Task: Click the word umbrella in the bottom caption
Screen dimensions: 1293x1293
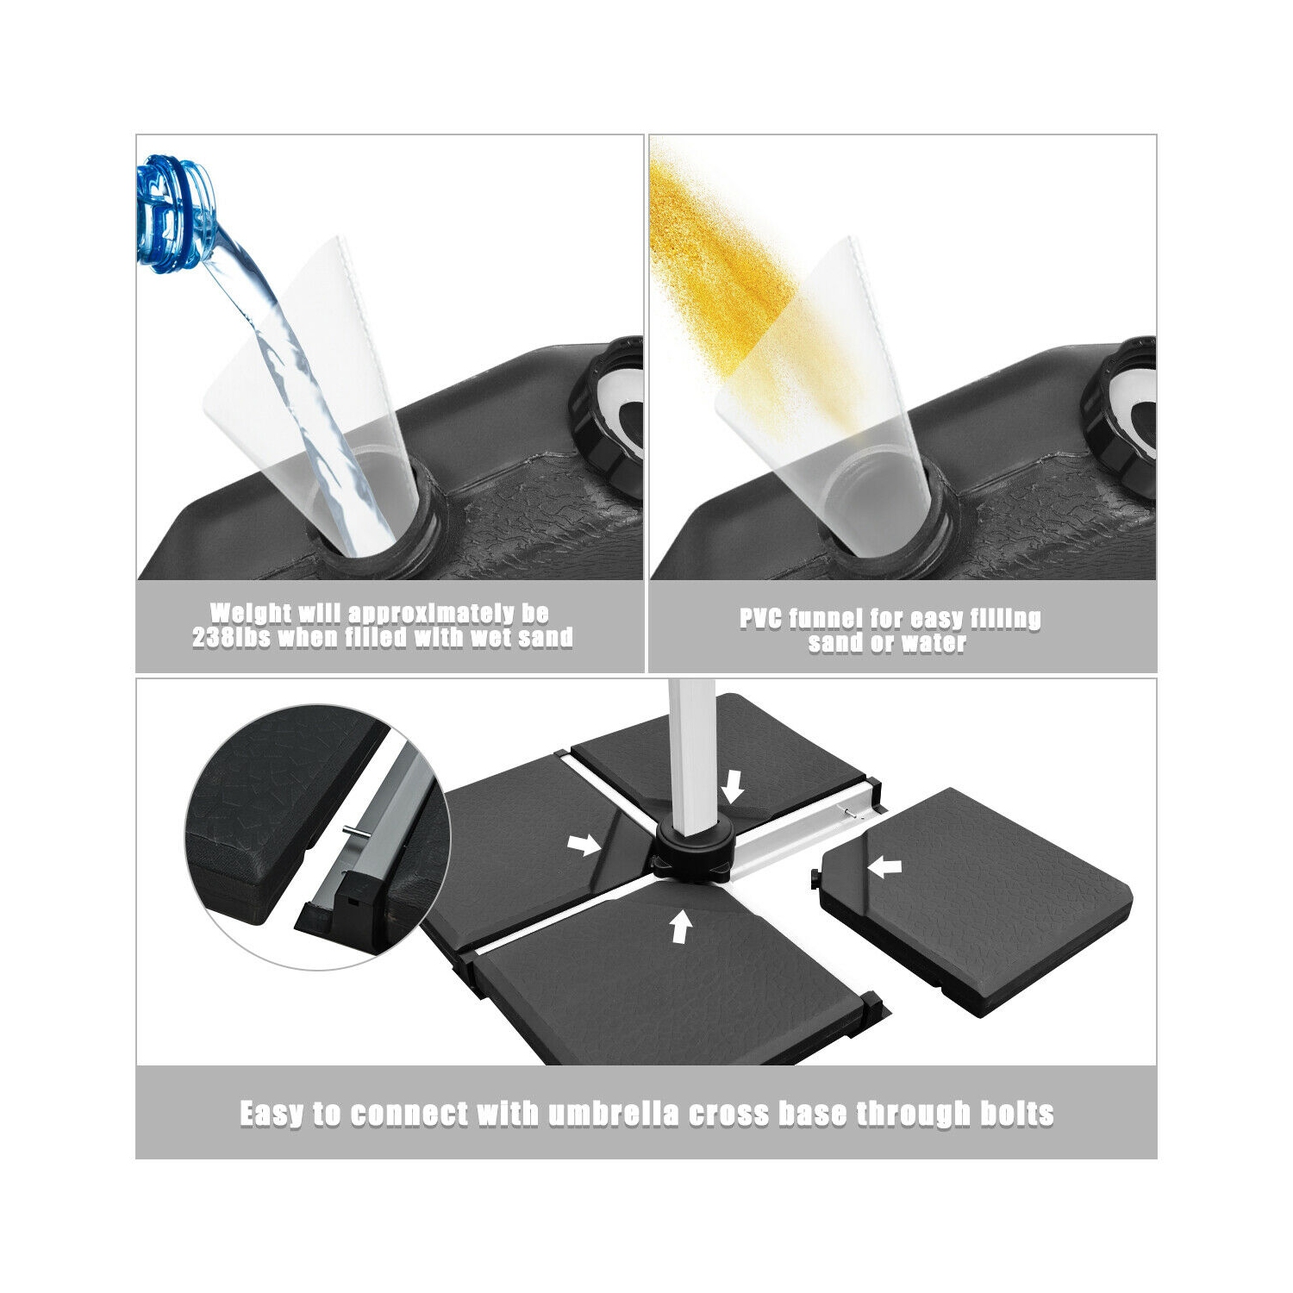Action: point(613,1113)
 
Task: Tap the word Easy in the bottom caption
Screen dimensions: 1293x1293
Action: point(272,1114)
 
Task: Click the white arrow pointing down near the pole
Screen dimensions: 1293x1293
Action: point(732,786)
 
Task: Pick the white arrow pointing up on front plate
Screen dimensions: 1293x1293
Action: point(681,928)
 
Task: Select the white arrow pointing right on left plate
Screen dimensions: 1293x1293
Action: point(585,846)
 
